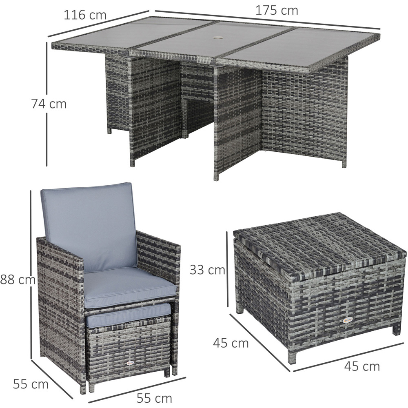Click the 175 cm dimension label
[x=277, y=11]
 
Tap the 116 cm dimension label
[x=85, y=15]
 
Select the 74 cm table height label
[x=49, y=104]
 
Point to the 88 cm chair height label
[x=18, y=279]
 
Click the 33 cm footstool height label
[x=207, y=270]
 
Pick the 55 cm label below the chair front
[x=154, y=398]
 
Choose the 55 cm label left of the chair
[x=31, y=384]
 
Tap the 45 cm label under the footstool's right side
[x=362, y=366]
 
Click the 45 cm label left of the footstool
[x=231, y=343]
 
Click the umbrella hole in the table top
[x=217, y=38]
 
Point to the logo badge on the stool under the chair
[x=129, y=363]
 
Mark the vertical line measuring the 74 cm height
[x=47, y=104]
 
